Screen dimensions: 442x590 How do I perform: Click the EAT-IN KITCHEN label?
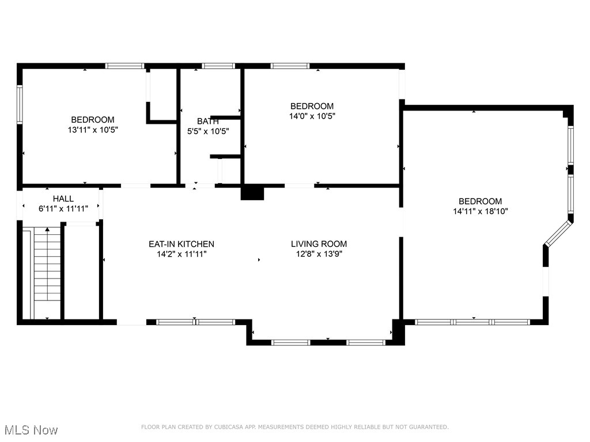point(181,244)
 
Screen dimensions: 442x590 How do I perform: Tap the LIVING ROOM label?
point(319,244)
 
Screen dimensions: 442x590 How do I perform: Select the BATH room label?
point(207,121)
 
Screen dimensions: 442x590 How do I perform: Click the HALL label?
point(63,199)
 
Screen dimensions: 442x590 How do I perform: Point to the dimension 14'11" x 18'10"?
point(480,211)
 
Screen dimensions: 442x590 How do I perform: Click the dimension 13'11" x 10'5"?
point(93,130)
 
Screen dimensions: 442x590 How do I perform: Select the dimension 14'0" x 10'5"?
point(312,116)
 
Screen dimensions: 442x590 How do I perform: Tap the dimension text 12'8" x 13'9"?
point(319,254)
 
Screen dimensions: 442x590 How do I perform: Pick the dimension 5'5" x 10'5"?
point(208,131)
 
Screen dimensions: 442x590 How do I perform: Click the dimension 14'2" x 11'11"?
point(181,254)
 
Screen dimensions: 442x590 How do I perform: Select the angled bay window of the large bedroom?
point(558,233)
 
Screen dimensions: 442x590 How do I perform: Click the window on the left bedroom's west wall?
point(20,105)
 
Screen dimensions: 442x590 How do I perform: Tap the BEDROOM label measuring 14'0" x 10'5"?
point(312,106)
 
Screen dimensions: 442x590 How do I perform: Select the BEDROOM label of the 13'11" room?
point(93,120)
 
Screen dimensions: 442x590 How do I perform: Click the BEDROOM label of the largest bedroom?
point(480,201)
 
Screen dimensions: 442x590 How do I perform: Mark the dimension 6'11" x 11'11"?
point(63,209)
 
